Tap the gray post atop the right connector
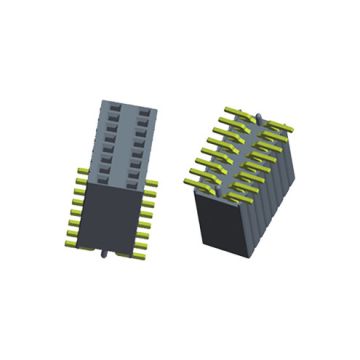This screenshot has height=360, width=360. (x=257, y=118)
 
